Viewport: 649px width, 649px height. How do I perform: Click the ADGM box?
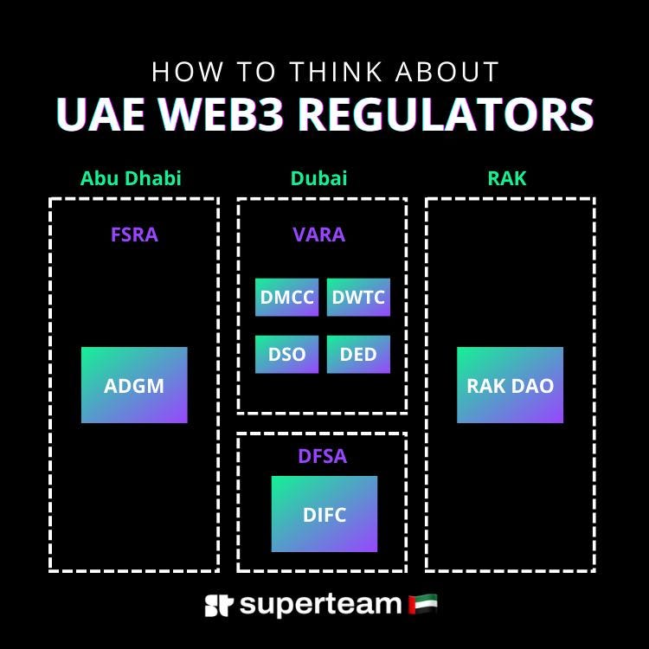tap(134, 385)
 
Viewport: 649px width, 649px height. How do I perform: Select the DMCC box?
tap(286, 298)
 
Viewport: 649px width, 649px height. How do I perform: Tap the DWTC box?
tap(358, 298)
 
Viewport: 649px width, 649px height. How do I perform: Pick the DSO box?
tap(286, 355)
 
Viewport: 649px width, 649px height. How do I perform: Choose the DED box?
tap(358, 355)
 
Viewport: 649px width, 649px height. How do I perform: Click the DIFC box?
tap(324, 514)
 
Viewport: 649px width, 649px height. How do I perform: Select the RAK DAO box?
tap(510, 385)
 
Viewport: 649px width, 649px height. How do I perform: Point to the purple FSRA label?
tap(134, 235)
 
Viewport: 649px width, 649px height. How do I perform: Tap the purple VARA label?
tap(318, 235)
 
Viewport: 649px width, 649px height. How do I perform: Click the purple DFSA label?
tap(322, 456)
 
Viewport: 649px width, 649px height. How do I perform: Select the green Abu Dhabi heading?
tap(131, 179)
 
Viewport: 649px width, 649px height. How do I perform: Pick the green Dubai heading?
tap(318, 179)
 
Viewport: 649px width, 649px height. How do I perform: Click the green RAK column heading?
tap(507, 179)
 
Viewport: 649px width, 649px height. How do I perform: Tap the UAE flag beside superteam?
tap(422, 603)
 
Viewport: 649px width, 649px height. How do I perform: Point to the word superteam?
tap(320, 604)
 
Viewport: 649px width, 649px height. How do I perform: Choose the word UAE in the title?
tap(97, 115)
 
